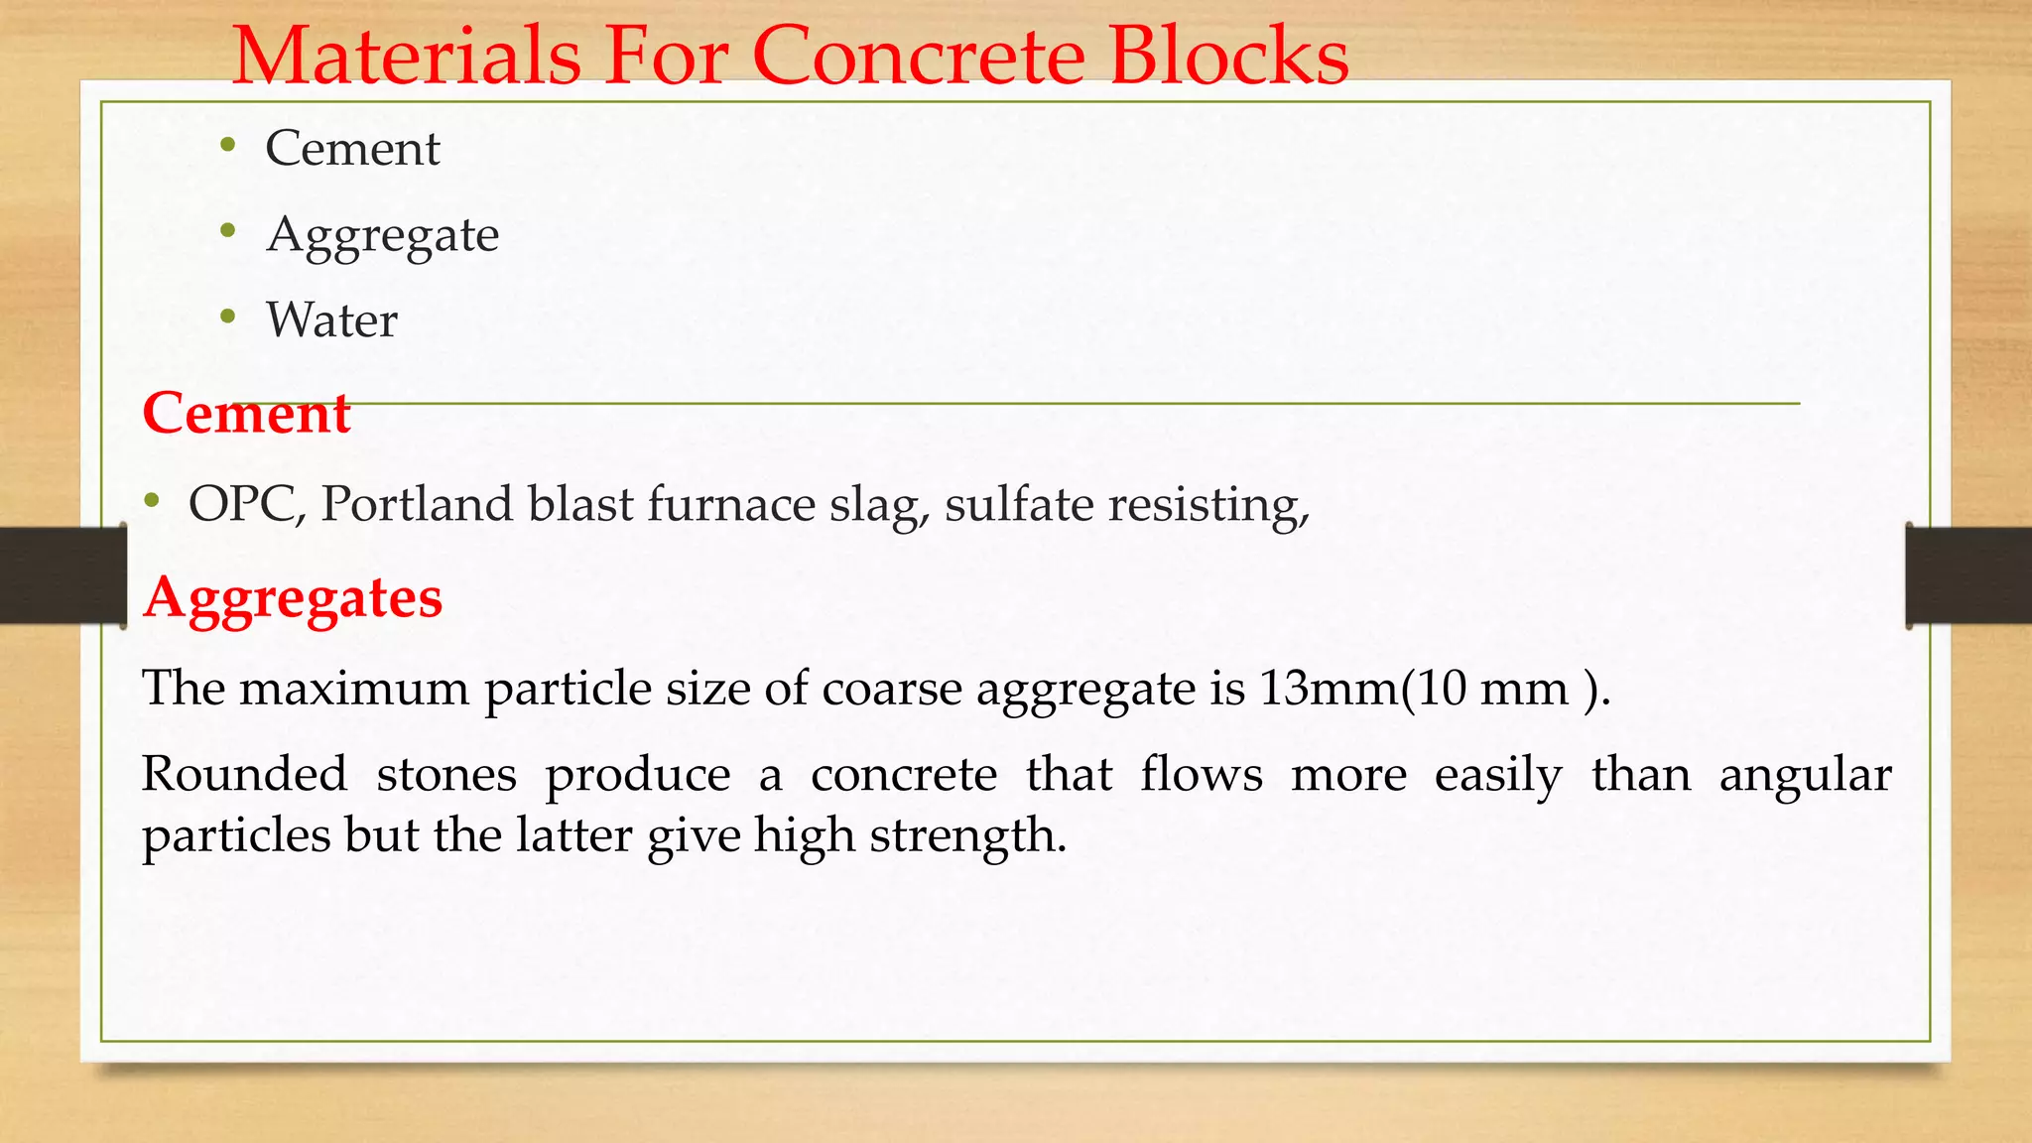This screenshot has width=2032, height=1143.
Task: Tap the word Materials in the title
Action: (407, 56)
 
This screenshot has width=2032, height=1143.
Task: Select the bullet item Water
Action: (331, 320)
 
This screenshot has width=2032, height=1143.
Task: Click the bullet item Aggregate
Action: (382, 235)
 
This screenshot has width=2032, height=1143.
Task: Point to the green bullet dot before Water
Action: (228, 317)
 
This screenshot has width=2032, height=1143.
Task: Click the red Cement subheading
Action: (246, 413)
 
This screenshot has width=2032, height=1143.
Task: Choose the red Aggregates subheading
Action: (293, 597)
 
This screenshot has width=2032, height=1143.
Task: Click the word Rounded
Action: (244, 774)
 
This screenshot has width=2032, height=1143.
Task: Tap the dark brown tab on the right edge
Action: (1968, 575)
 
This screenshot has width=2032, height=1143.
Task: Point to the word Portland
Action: (417, 504)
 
